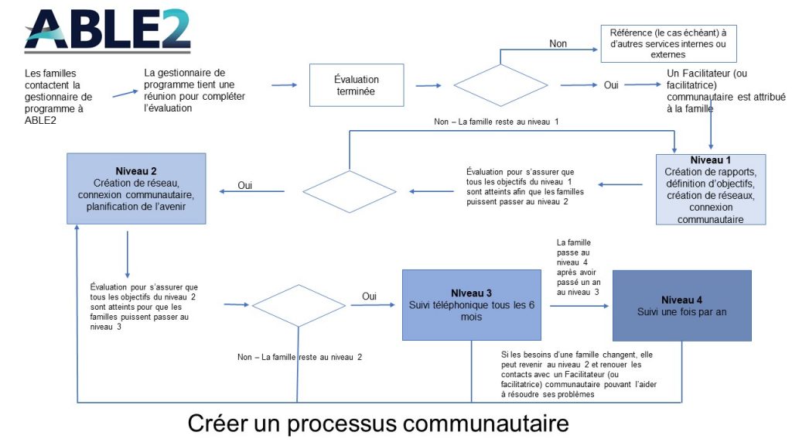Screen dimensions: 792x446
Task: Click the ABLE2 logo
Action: click(x=108, y=31)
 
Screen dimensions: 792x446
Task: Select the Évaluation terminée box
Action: click(x=357, y=85)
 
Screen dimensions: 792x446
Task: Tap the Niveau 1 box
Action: click(x=711, y=189)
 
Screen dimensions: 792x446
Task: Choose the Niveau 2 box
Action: click(x=136, y=189)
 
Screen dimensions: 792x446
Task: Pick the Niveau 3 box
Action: click(x=471, y=305)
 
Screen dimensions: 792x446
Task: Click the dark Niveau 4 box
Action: click(x=682, y=305)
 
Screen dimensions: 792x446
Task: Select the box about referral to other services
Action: click(x=668, y=43)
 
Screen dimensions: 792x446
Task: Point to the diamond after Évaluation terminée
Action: click(x=500, y=85)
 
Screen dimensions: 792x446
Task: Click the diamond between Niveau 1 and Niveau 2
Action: click(x=350, y=192)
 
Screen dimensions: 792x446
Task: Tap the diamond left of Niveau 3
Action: click(x=299, y=305)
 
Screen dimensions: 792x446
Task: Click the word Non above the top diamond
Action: click(x=558, y=43)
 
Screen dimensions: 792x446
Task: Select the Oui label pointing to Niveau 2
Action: click(x=245, y=185)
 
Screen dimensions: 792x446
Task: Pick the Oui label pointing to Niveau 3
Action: click(x=369, y=296)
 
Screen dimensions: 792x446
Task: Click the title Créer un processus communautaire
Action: click(x=378, y=423)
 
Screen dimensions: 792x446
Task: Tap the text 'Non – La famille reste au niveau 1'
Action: click(x=496, y=122)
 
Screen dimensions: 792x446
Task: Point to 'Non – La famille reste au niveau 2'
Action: click(x=299, y=357)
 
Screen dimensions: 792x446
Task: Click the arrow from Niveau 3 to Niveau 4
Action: click(x=579, y=306)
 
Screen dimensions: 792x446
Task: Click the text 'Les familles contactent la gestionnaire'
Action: click(x=59, y=85)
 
